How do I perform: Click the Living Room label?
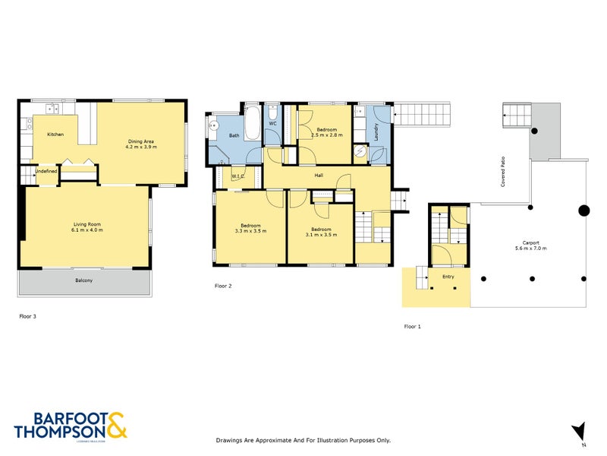pos(88,223)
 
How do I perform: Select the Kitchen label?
pos(55,135)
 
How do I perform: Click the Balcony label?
pos(83,281)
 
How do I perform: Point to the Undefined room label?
pos(46,171)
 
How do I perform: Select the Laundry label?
pos(376,133)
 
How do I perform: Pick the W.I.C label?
pos(237,178)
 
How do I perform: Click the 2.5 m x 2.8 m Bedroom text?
pos(328,135)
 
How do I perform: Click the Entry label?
pos(448,277)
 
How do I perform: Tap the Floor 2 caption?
pos(223,287)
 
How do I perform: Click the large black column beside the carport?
pos(583,211)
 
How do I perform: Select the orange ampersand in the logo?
pos(117,425)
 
